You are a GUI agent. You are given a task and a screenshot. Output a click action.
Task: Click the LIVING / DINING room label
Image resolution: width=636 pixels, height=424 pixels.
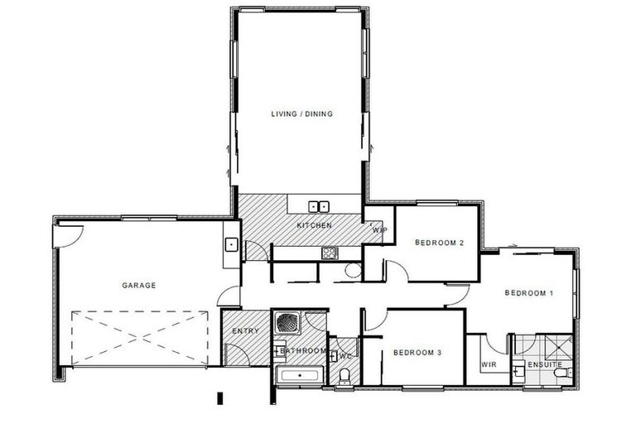click(x=301, y=114)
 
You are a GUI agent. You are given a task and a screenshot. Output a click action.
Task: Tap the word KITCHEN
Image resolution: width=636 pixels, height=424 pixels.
click(x=315, y=225)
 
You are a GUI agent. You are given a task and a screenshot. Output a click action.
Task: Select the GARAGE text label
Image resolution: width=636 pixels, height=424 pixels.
click(x=138, y=286)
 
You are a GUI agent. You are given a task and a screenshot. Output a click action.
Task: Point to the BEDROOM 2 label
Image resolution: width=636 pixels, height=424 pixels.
click(x=438, y=243)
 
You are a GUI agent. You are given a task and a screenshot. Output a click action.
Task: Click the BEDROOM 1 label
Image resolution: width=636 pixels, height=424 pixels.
click(x=528, y=293)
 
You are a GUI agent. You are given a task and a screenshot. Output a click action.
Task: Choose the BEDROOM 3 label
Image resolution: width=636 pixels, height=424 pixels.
click(x=417, y=353)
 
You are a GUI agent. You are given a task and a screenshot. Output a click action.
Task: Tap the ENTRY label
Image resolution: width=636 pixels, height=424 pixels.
click(x=245, y=331)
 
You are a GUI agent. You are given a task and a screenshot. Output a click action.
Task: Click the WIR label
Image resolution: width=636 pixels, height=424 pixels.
click(x=487, y=364)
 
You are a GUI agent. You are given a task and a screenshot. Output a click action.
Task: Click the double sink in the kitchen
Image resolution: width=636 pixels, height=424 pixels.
click(x=320, y=206)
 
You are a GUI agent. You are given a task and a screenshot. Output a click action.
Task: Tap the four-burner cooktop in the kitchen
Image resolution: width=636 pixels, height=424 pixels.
click(x=330, y=253)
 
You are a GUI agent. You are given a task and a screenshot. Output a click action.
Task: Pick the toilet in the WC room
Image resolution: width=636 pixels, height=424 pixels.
click(x=344, y=378)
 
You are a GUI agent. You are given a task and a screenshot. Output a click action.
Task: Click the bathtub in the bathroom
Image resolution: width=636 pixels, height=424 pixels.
click(x=300, y=376)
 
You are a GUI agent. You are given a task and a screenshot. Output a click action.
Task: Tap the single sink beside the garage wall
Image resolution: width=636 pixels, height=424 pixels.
click(x=231, y=244)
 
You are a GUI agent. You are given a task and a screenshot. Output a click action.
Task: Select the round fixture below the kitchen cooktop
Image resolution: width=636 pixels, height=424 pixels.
click(x=353, y=269)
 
